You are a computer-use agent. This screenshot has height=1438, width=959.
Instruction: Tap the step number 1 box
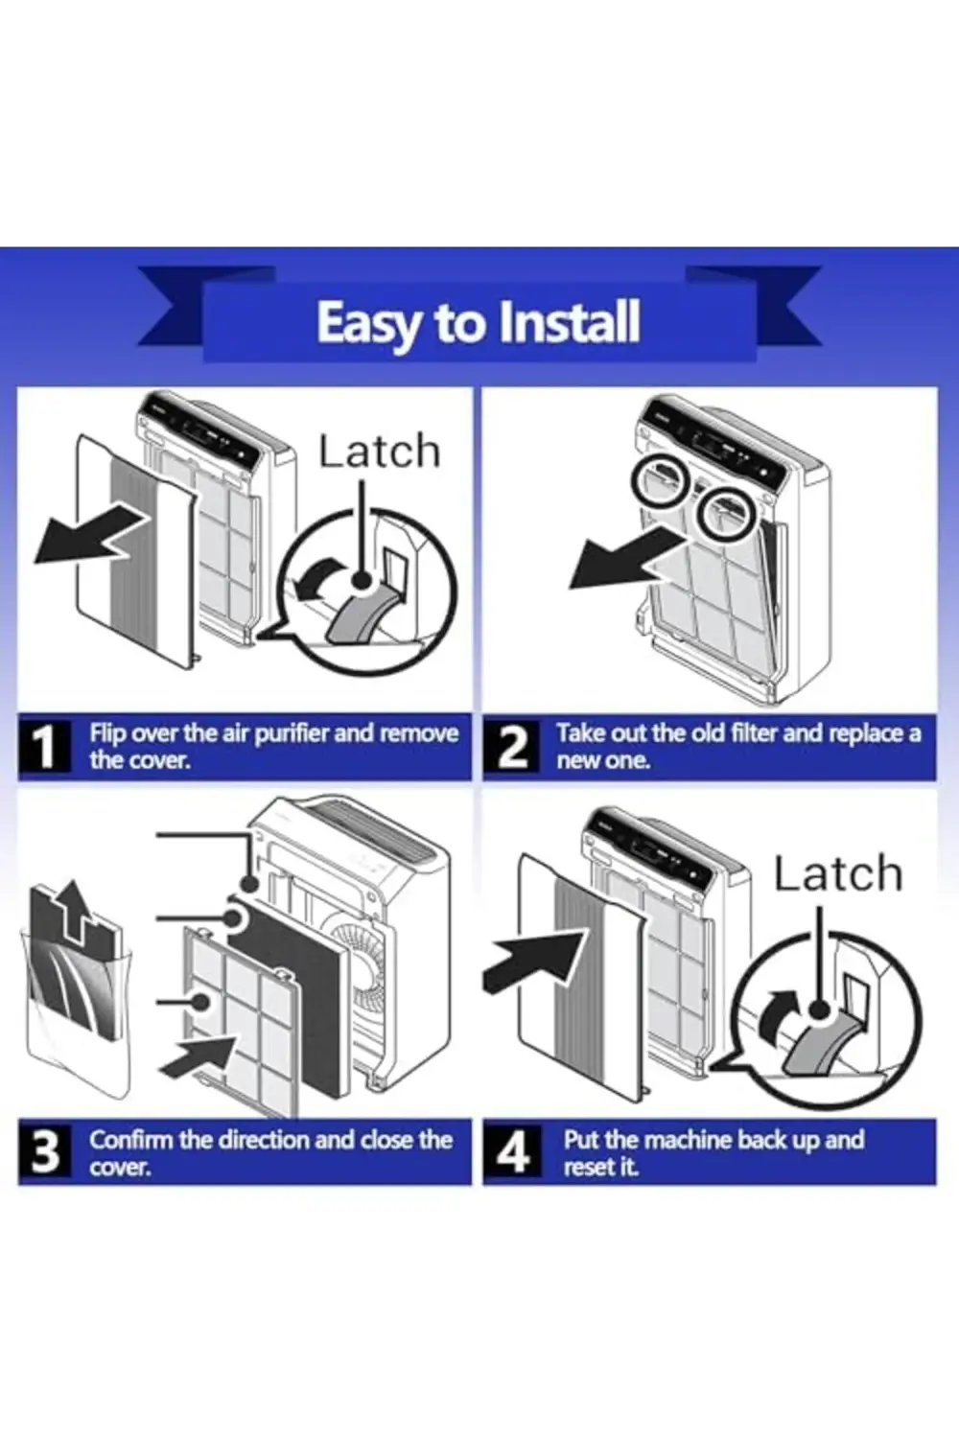[x=44, y=747]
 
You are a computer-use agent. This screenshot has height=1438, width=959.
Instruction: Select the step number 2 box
[x=513, y=747]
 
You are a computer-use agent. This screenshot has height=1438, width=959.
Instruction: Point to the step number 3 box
[x=44, y=1152]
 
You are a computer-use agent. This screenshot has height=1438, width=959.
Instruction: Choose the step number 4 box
[x=513, y=1152]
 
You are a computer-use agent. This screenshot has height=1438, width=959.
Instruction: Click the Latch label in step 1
[x=379, y=452]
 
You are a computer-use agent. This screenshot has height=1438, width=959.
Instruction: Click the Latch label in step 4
[x=838, y=874]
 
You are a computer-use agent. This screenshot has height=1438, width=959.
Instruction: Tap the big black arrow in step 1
[x=91, y=538]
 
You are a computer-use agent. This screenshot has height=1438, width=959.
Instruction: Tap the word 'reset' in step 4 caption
[x=586, y=1167]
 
